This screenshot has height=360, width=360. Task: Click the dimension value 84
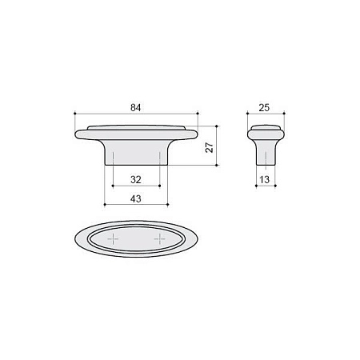(x=135, y=108)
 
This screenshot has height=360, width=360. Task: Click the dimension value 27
(x=210, y=147)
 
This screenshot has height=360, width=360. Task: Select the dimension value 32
(x=136, y=180)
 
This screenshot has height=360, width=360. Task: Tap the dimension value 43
(x=136, y=198)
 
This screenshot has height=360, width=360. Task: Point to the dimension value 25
(x=264, y=108)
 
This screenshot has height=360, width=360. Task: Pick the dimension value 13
(x=264, y=180)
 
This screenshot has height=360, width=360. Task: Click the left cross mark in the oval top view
(x=113, y=239)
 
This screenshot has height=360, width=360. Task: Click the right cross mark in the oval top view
(x=160, y=239)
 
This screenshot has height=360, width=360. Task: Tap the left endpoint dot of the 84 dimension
(x=75, y=114)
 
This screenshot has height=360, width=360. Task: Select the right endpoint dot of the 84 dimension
(x=198, y=114)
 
